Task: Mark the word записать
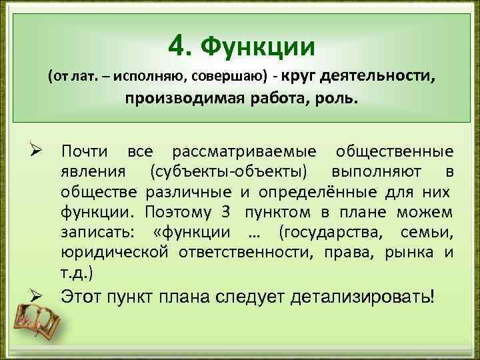97,233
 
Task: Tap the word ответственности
247,253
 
